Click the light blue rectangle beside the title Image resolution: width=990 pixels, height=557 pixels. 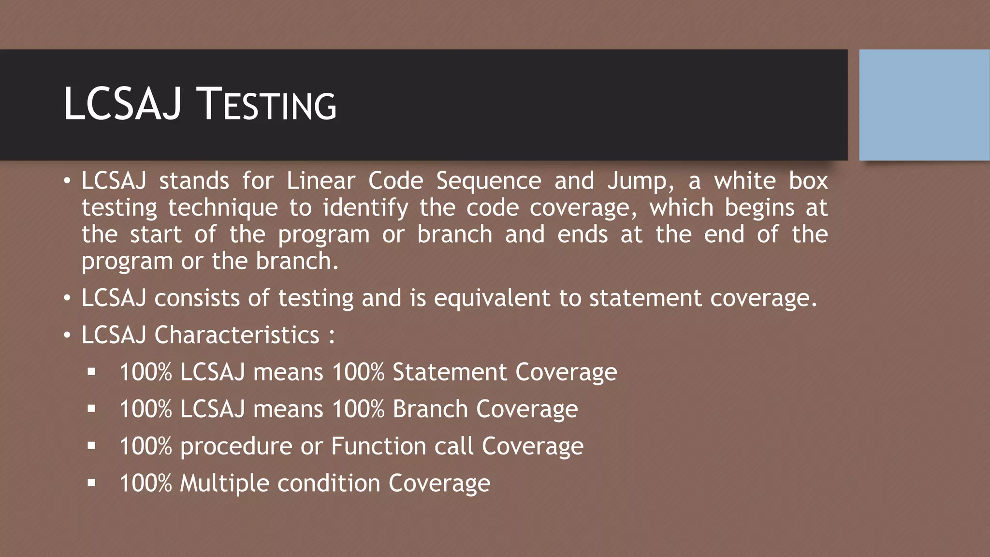point(924,104)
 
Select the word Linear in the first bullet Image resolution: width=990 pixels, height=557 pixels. point(320,181)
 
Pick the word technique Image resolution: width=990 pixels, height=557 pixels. point(223,208)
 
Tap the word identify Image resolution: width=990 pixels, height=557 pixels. point(365,208)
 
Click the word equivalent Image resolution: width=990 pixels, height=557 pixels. point(492,298)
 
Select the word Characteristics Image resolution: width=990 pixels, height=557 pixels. point(237,335)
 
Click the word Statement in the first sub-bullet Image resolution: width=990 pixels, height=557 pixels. point(450,372)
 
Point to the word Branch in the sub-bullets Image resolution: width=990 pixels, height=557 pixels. point(430,409)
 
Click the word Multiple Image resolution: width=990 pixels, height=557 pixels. point(224,484)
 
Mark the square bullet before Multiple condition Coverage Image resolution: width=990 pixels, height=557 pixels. point(91,482)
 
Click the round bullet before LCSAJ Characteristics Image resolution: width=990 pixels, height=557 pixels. point(67,335)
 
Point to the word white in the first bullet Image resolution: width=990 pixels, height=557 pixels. point(745,181)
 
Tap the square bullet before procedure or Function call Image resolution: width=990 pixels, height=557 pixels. point(91,445)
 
